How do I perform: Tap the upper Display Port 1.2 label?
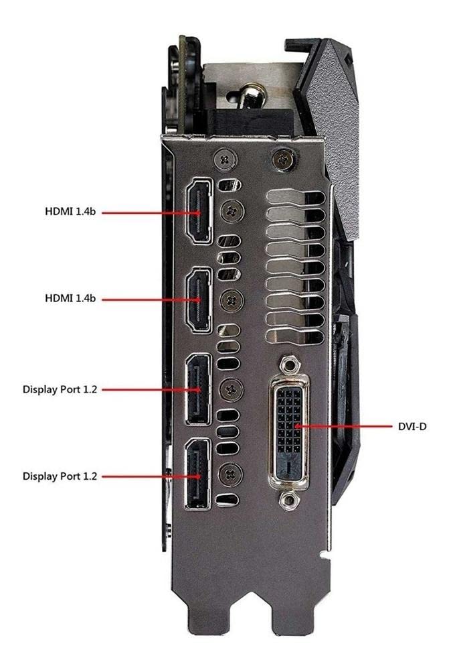click(x=60, y=389)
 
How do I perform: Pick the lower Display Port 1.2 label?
click(x=60, y=476)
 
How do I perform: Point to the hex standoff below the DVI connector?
click(x=289, y=498)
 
